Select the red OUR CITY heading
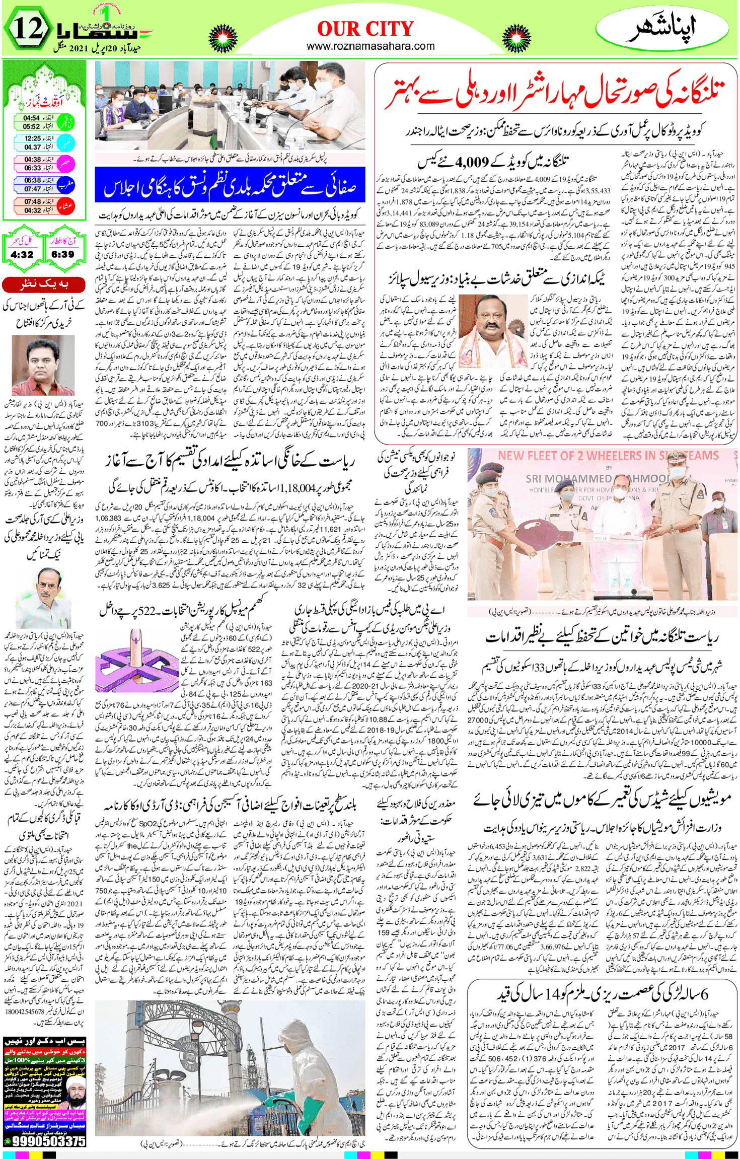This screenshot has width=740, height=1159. pos(365,29)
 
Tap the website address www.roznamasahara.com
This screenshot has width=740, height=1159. pos(371,46)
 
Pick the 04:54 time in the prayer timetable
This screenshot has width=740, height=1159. pos(31,118)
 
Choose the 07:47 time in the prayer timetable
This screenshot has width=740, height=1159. pos(32,189)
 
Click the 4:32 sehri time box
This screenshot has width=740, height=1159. pos(22,254)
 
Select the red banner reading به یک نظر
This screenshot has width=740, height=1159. pos(44,285)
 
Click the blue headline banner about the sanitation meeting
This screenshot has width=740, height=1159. pos(230,185)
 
